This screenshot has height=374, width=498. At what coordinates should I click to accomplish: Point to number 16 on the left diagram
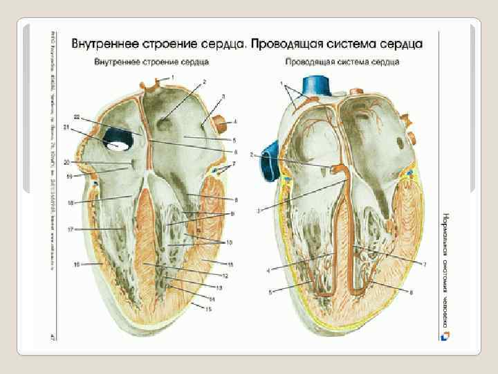[x=77, y=264]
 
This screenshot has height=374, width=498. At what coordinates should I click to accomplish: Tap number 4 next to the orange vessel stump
[x=235, y=122]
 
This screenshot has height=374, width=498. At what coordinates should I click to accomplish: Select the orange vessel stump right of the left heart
[x=222, y=125]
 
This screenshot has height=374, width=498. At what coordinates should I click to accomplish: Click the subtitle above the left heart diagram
[x=142, y=62]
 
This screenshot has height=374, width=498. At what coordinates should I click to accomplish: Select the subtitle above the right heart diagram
[x=342, y=62]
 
